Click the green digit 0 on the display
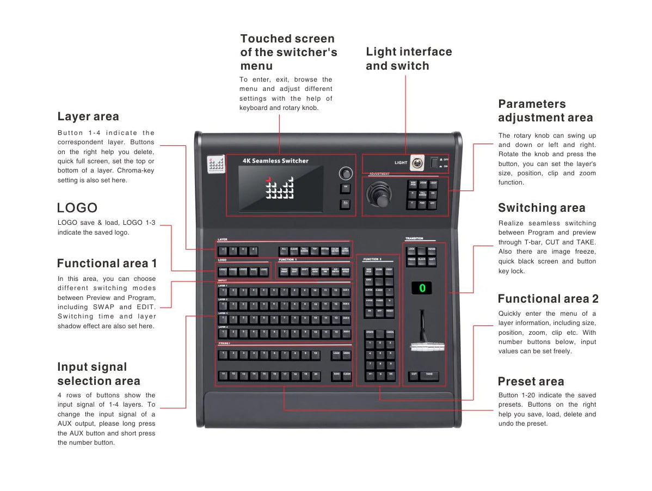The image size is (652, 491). [x=422, y=287]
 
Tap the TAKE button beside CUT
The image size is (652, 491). [x=429, y=375]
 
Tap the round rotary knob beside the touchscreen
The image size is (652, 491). [x=345, y=174]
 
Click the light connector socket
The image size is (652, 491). [x=417, y=162]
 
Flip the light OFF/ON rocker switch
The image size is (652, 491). [x=434, y=162]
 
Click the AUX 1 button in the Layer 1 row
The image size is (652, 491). [x=346, y=291]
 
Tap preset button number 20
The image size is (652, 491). [x=316, y=375]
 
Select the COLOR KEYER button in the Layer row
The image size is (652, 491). [x=335, y=251]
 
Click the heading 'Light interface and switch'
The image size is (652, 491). [x=409, y=59]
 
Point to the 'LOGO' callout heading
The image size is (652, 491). [x=77, y=208]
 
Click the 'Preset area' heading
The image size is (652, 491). [x=531, y=382]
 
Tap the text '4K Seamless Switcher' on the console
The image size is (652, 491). [x=275, y=161]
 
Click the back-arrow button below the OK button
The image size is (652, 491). [x=345, y=204]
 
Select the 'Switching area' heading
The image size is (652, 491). [x=542, y=208]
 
